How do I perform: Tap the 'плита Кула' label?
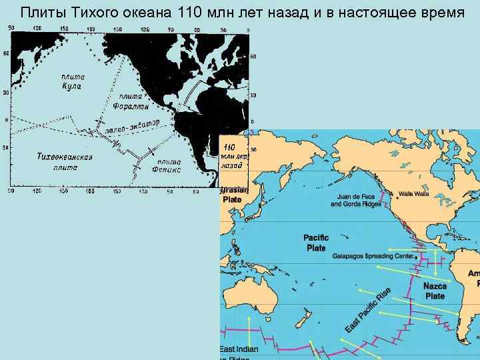70,81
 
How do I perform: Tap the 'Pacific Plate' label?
316,243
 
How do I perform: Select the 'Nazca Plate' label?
435,291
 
